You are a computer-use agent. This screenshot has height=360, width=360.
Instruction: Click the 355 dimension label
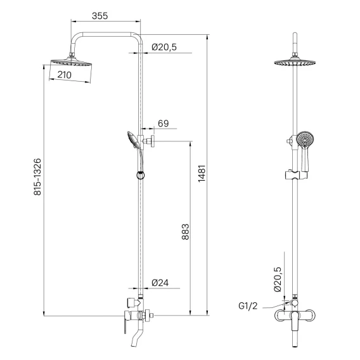(x=100, y=16)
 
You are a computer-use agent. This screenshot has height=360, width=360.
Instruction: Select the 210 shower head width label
(x=64, y=75)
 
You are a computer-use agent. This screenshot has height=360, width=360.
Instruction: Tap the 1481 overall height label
(x=202, y=174)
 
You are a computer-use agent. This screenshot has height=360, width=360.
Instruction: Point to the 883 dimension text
(x=186, y=232)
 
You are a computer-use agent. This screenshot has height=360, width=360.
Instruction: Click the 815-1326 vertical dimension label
(x=37, y=177)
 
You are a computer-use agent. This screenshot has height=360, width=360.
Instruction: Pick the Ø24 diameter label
(x=160, y=283)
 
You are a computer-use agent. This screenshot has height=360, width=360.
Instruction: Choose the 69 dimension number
(x=164, y=124)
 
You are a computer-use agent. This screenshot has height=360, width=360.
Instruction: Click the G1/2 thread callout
(x=248, y=306)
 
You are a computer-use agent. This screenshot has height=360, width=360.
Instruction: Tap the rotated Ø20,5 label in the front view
(x=278, y=279)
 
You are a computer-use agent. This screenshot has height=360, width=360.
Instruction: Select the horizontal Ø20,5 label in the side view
(x=164, y=47)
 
